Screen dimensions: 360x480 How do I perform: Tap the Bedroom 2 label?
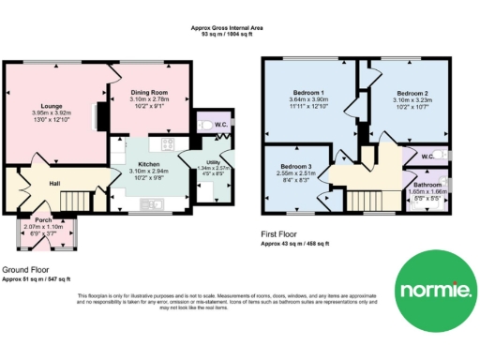pyautogui.click(x=412, y=95)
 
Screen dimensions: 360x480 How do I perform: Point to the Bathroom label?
pyautogui.click(x=428, y=186)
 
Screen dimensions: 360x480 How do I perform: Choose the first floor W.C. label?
pyautogui.click(x=427, y=157)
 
